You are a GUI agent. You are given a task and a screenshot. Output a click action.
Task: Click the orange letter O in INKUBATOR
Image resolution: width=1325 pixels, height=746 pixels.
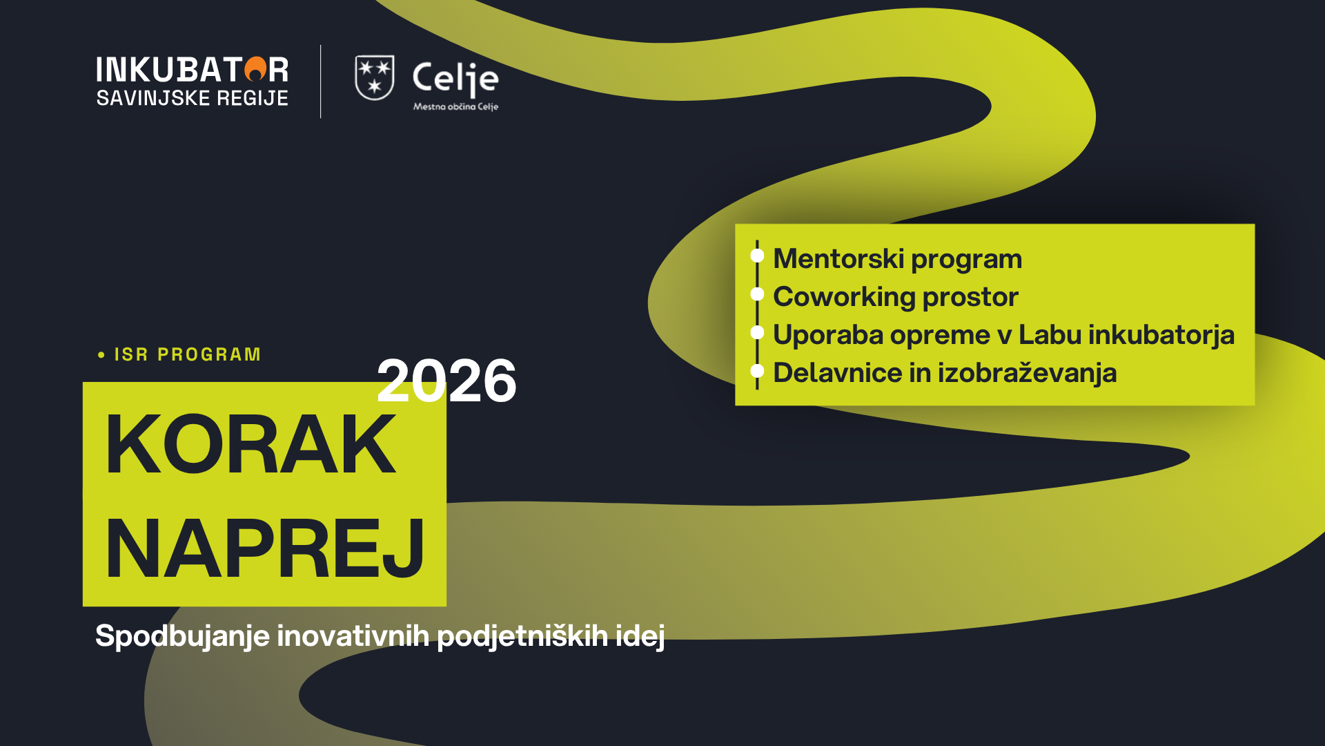click(255, 69)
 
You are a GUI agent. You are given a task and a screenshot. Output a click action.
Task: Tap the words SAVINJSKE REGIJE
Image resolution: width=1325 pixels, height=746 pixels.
click(193, 98)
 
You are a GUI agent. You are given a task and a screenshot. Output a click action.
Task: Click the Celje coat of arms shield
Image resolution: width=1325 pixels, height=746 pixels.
click(375, 78)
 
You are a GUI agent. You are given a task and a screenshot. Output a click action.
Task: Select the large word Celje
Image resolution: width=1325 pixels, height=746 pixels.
click(455, 79)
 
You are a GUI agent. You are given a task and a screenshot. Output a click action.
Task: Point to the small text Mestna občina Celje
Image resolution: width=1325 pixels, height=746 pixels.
click(455, 106)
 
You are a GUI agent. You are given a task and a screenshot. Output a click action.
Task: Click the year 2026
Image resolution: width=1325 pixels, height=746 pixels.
click(446, 381)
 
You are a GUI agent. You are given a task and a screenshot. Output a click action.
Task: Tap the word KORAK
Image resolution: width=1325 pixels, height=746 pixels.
click(251, 444)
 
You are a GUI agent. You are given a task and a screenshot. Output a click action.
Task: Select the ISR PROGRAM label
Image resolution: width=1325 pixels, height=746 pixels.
click(188, 354)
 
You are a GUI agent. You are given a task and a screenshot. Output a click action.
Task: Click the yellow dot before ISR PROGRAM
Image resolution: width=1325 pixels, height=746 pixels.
click(101, 355)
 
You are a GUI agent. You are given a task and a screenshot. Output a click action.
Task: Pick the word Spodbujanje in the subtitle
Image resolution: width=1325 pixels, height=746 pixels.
click(182, 636)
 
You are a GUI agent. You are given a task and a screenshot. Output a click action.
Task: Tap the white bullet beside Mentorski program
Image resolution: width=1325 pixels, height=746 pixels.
click(757, 256)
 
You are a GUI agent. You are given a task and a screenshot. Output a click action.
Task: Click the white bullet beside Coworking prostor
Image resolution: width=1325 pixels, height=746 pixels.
click(757, 294)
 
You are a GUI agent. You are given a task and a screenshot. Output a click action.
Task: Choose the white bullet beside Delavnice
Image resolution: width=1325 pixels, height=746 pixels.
click(757, 370)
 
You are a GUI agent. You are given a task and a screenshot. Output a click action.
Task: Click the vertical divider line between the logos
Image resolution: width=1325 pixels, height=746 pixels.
click(321, 82)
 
